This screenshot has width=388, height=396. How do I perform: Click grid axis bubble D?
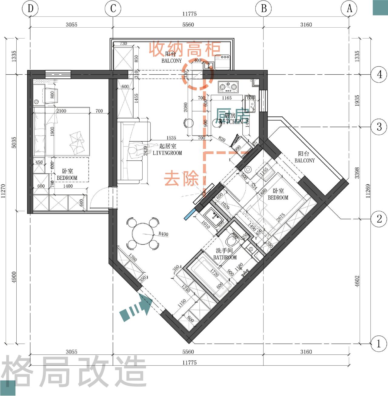pyautogui.click(x=30, y=8)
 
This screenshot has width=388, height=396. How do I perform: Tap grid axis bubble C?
pyautogui.click(x=113, y=8)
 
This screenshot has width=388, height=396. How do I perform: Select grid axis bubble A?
pyautogui.click(x=349, y=8)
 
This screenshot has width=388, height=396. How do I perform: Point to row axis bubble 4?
pyautogui.click(x=379, y=74)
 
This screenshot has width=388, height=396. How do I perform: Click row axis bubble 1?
pyautogui.click(x=379, y=344)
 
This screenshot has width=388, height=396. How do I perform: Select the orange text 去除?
pyautogui.click(x=181, y=178)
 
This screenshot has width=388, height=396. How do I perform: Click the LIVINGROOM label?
pyautogui.click(x=167, y=153)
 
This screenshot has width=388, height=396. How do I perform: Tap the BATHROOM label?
pyautogui.click(x=225, y=257)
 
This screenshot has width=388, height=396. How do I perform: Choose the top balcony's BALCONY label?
pyautogui.click(x=171, y=61)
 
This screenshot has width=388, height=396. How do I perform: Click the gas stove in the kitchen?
pyautogui.click(x=228, y=87)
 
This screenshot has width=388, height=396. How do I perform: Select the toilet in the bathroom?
pyautogui.click(x=232, y=241)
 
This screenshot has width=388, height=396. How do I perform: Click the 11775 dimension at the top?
pyautogui.click(x=189, y=14)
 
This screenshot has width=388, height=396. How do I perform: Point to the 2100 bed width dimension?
pyautogui.click(x=61, y=111)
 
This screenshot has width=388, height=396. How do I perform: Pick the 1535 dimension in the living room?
pyautogui.click(x=171, y=138)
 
